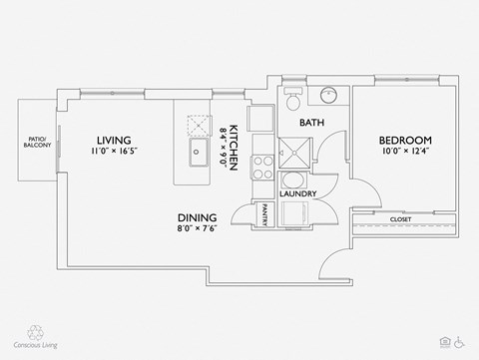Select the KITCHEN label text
pyautogui.click(x=233, y=149)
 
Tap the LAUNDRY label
pyautogui.click(x=298, y=193)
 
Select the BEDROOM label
pyautogui.click(x=404, y=140)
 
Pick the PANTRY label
pyautogui.click(x=265, y=215)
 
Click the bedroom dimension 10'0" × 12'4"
pyautogui.click(x=404, y=152)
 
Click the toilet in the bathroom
pyautogui.click(x=290, y=100)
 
